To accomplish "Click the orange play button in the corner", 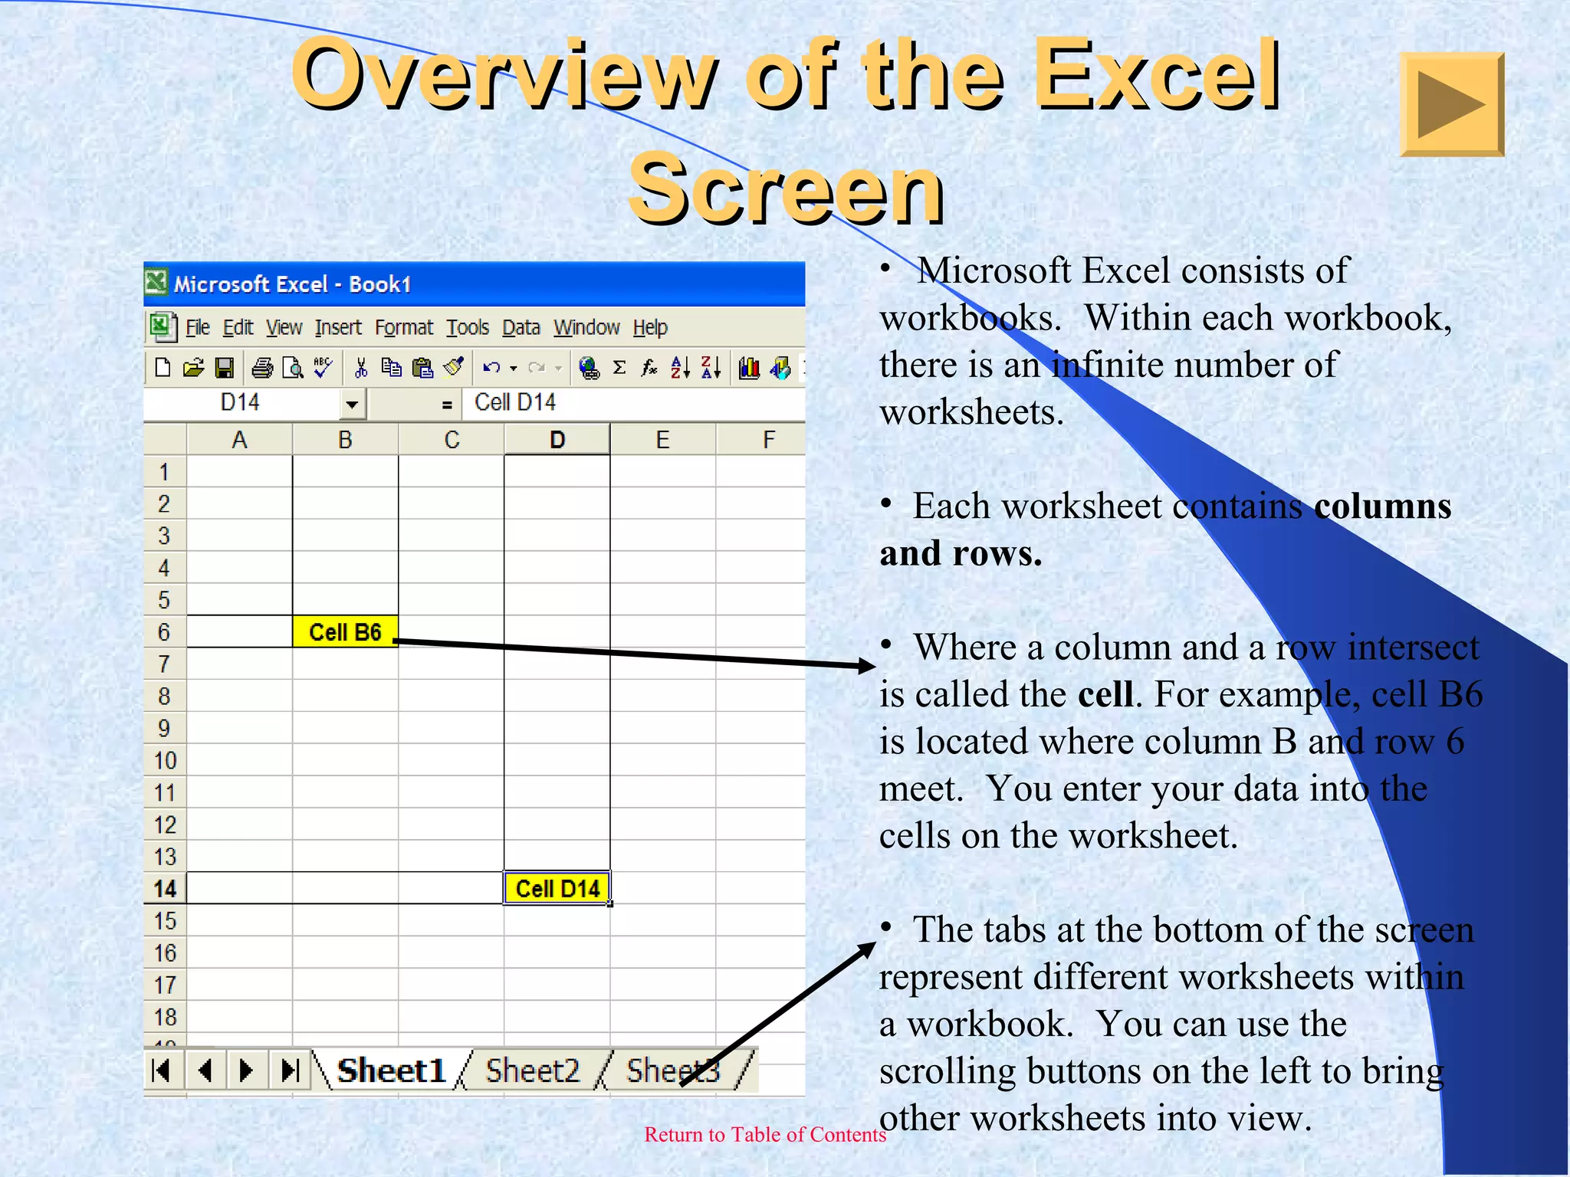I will click(x=1451, y=104).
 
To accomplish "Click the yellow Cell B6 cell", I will click(x=345, y=631).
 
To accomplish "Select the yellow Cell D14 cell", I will click(x=557, y=888).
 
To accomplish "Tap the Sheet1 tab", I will click(x=391, y=1070).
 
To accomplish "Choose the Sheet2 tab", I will click(x=533, y=1070).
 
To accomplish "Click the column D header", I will click(x=557, y=440).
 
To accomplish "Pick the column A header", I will click(x=239, y=440).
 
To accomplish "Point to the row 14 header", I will click(x=165, y=888).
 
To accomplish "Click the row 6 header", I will click(x=164, y=631).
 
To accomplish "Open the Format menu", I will click(x=403, y=328).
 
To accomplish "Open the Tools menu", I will click(x=468, y=328).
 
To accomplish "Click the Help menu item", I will click(x=650, y=328).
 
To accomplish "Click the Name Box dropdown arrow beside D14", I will click(x=352, y=403).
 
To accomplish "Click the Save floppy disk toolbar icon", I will click(x=224, y=369).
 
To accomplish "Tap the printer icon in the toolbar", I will click(x=262, y=369).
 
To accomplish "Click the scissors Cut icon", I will click(x=360, y=369).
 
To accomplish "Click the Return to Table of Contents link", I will click(x=764, y=1134).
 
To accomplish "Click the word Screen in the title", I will click(x=786, y=189).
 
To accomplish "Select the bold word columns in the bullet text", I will click(x=1382, y=506).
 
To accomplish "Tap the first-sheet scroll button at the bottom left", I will click(x=162, y=1070).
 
